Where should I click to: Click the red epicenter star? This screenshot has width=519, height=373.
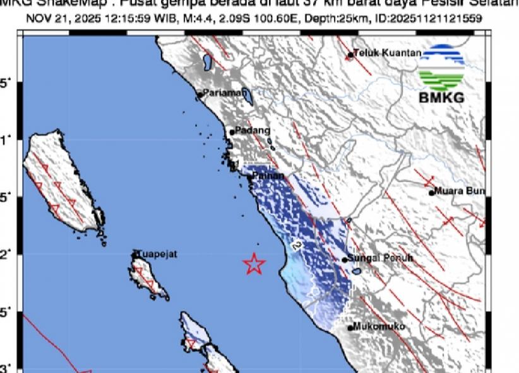point(254,263)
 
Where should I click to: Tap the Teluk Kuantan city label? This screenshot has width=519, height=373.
point(387,54)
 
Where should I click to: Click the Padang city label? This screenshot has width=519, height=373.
point(253,130)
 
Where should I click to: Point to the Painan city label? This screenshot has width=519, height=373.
point(269,176)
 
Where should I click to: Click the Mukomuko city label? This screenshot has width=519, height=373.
point(379,326)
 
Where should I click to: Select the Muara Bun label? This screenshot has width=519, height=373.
point(459,192)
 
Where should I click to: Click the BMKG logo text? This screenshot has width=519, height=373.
point(441,98)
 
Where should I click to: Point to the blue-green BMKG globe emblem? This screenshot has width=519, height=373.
point(441,67)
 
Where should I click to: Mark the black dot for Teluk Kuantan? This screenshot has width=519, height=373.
point(350,55)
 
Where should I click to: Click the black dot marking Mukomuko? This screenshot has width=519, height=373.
point(350,328)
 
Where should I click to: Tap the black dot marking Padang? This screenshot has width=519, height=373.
point(232,132)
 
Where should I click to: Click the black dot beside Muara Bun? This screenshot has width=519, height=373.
point(432,193)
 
